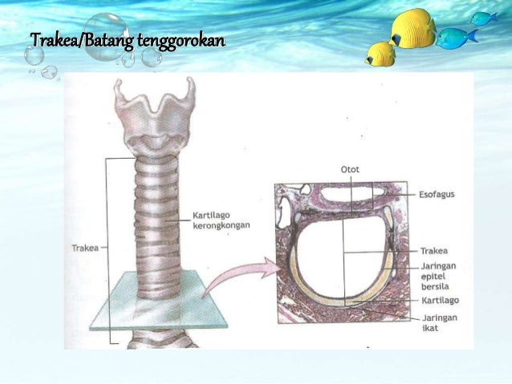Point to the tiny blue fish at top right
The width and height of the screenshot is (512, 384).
coord(483,18)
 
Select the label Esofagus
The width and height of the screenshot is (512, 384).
coord(439,194)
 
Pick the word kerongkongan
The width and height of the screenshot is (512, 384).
coord(221,226)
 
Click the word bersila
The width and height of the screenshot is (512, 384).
coord(437,285)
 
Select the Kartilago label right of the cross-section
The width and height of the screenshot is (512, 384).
coord(440,301)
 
